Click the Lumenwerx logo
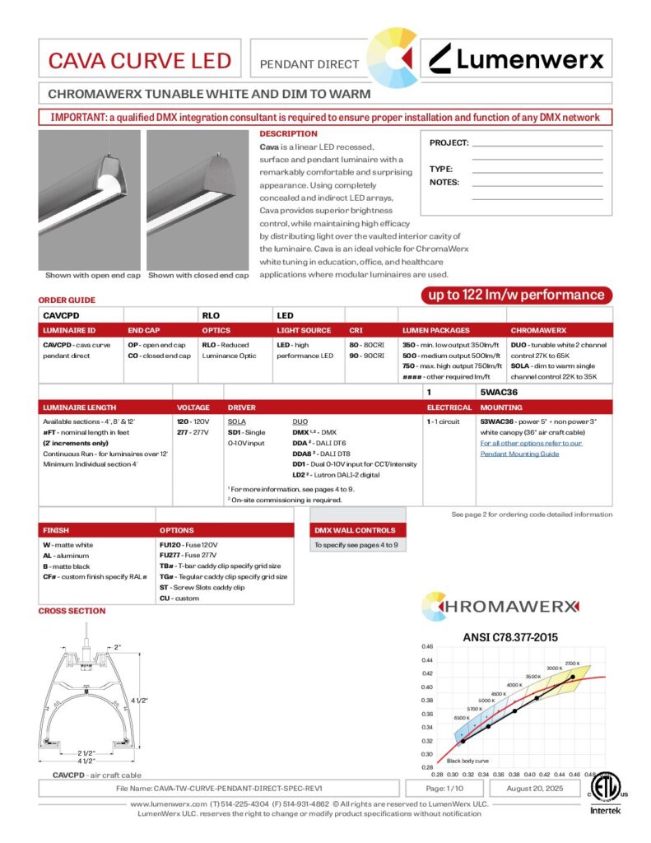click(518, 58)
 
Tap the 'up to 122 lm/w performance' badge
click(514, 295)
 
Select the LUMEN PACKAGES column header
click(436, 330)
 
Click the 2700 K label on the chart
click(573, 663)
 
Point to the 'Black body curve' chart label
click(467, 761)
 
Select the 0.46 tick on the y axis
click(427, 646)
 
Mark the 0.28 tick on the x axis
click(437, 775)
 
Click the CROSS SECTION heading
click(72, 611)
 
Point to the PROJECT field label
click(449, 143)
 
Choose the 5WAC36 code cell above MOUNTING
click(499, 393)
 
